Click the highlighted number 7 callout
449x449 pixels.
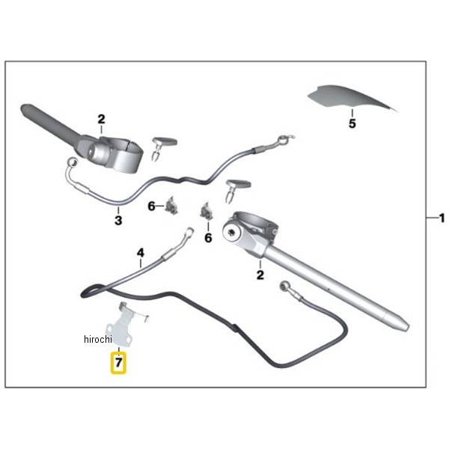[118, 363]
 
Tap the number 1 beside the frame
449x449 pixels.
[442, 219]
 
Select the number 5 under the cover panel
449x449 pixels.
[352, 123]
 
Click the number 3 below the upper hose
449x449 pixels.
[118, 221]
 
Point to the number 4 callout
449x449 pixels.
[141, 253]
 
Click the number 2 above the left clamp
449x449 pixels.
[101, 120]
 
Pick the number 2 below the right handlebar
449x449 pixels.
[260, 275]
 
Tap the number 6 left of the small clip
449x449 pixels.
[151, 207]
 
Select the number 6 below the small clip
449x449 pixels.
[208, 238]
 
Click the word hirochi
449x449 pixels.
[98, 339]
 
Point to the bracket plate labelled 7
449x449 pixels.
[123, 325]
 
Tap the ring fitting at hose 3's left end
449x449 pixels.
[73, 162]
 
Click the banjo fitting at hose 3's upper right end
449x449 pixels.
[285, 138]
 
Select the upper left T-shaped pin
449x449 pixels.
[162, 149]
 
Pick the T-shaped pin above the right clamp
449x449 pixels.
[237, 191]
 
